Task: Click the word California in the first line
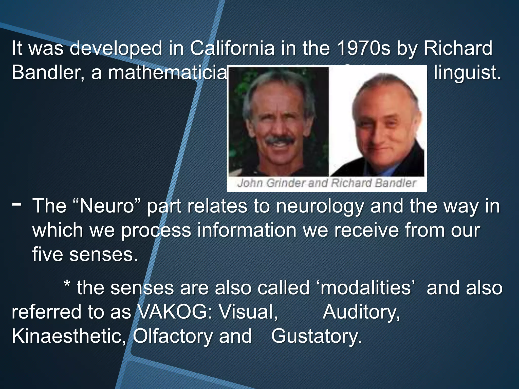pyautogui.click(x=232, y=48)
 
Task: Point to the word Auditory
pyautogui.click(x=361, y=312)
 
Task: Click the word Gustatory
pyautogui.click(x=316, y=336)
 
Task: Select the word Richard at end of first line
pyautogui.click(x=458, y=48)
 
